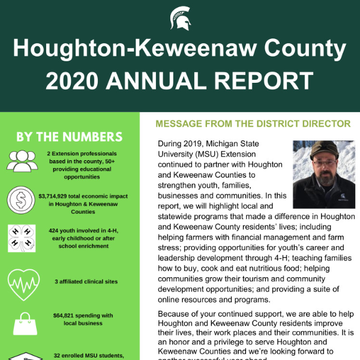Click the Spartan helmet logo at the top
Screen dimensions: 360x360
tap(180, 19)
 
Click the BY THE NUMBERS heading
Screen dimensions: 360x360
tap(70, 137)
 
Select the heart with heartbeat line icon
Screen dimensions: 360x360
tap(23, 280)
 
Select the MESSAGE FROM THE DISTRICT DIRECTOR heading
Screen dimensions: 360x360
tap(253, 124)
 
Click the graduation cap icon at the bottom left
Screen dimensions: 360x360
tap(23, 356)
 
